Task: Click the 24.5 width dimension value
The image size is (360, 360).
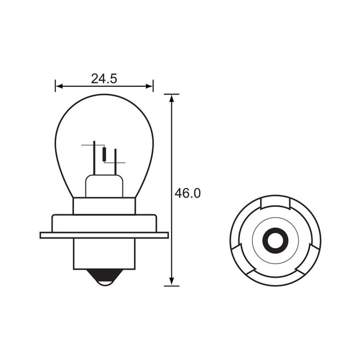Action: coord(104,78)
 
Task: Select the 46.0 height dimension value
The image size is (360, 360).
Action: coord(187,193)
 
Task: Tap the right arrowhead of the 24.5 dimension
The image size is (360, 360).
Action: coord(150,86)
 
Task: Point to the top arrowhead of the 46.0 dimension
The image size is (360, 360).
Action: coord(172,98)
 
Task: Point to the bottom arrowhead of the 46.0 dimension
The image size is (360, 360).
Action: coord(172,282)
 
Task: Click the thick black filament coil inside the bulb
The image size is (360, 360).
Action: coord(105,154)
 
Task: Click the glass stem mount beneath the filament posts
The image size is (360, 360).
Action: coord(104,186)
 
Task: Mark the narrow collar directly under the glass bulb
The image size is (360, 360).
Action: coord(104,206)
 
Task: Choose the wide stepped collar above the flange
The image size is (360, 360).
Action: coord(104,223)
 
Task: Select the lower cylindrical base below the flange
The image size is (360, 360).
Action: coord(104,254)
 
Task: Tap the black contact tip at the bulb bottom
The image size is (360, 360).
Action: coord(104,276)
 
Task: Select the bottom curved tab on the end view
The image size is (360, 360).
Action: coord(275,280)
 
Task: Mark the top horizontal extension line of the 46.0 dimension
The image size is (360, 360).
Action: coord(172,94)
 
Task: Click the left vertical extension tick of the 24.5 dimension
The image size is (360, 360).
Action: coord(55,86)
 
